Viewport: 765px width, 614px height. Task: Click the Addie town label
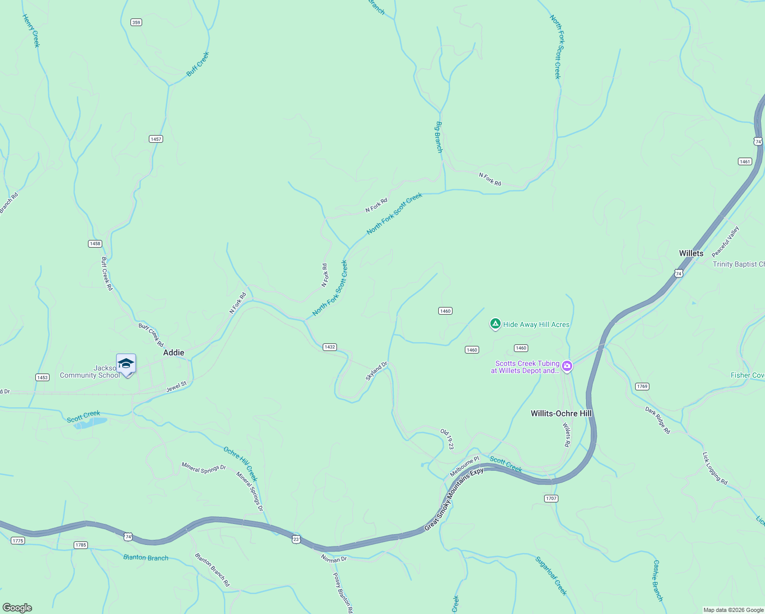tap(173, 353)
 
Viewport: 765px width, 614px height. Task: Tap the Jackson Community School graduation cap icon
tap(126, 364)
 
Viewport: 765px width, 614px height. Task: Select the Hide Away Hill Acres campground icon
tap(495, 324)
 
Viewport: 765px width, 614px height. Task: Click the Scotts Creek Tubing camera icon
tap(567, 366)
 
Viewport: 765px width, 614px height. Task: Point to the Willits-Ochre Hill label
tap(561, 413)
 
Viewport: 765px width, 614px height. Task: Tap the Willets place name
tap(691, 253)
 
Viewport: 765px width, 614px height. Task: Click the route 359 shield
tap(136, 22)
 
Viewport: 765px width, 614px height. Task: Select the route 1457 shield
tap(156, 139)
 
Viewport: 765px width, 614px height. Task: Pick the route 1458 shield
tap(95, 244)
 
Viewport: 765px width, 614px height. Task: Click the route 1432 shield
tap(330, 347)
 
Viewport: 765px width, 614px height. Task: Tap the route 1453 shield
tap(42, 378)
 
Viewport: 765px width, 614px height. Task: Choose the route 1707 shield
tap(551, 498)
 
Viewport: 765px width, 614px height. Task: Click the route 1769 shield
tap(642, 386)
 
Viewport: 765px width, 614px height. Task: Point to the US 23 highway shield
tap(296, 539)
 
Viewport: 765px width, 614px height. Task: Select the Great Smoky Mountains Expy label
tap(454, 499)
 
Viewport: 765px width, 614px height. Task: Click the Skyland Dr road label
tap(376, 371)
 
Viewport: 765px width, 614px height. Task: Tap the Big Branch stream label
tap(439, 137)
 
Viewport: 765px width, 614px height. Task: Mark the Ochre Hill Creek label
tap(240, 464)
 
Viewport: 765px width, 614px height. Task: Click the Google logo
tap(17, 608)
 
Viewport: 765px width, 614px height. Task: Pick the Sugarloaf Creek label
tap(551, 576)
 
